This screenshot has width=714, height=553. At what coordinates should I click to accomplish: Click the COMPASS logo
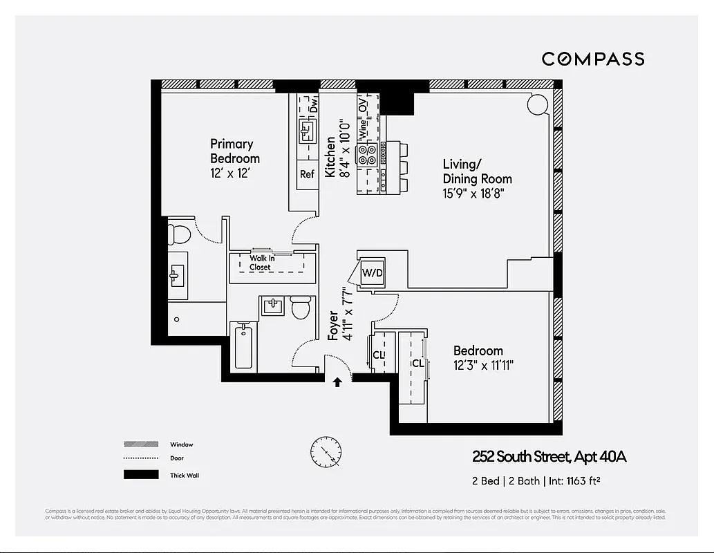click(x=592, y=59)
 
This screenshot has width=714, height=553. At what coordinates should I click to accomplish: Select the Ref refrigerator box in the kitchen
click(x=307, y=174)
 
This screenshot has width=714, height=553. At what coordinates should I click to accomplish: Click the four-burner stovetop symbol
click(x=367, y=153)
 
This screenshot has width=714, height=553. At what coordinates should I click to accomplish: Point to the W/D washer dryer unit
click(x=372, y=273)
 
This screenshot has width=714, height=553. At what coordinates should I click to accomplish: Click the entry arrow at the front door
click(x=338, y=382)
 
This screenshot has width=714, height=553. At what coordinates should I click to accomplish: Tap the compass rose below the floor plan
click(x=325, y=453)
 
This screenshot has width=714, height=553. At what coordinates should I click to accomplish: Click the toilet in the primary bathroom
click(x=180, y=234)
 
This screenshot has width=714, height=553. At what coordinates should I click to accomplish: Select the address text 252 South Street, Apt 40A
click(x=549, y=456)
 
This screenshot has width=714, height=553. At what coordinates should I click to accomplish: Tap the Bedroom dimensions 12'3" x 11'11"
click(x=483, y=364)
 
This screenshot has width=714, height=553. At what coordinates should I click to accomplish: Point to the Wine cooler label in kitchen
click(x=361, y=129)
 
